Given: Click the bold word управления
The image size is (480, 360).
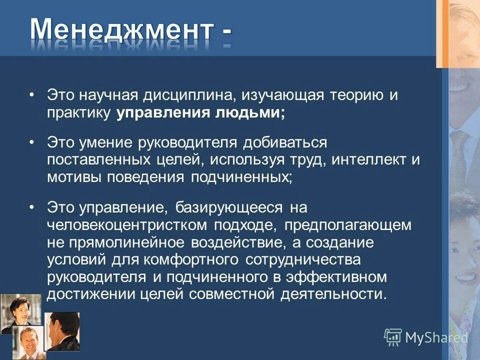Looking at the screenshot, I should [164, 112].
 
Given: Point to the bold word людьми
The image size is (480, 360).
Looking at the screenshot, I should [250, 112].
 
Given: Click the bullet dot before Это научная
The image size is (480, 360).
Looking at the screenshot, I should [32, 95].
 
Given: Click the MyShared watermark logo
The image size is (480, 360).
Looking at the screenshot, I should [426, 337].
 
